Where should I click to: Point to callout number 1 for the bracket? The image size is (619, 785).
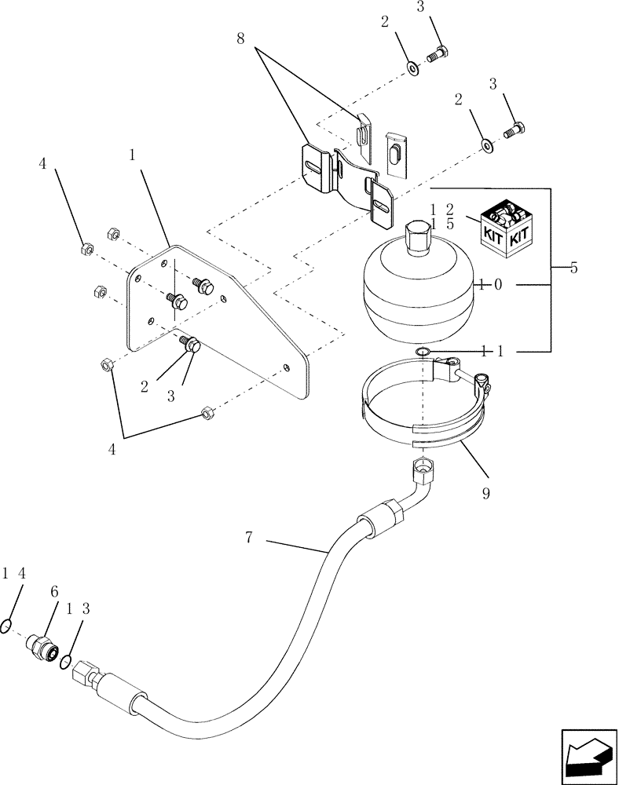tap(132, 155)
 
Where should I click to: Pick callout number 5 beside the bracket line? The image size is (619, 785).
tap(573, 269)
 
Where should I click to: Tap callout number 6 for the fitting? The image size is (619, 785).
tap(54, 592)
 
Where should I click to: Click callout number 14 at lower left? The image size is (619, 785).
tap(14, 574)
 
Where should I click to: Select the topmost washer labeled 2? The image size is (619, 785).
tap(412, 68)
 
